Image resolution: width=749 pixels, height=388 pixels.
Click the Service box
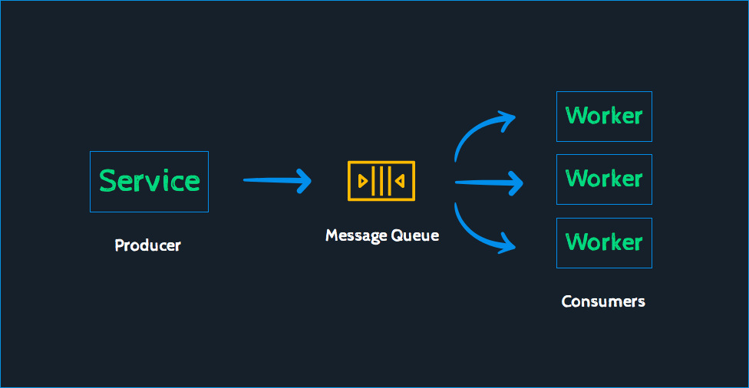coord(149,182)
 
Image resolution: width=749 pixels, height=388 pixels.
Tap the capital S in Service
coord(108,181)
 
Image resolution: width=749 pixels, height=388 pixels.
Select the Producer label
coord(147,246)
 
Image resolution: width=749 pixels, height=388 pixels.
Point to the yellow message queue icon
coord(381,181)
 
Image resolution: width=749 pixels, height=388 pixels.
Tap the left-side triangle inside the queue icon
coord(363,181)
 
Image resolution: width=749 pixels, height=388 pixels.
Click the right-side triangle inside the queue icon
coord(399,181)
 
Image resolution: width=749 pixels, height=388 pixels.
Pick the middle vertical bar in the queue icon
coord(381,181)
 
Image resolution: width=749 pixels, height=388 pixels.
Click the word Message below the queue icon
coord(356,235)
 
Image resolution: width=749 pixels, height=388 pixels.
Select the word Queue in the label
coord(415,235)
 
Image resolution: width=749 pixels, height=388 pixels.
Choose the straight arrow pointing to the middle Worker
coord(487,182)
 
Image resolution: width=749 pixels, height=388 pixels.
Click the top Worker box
coord(604,117)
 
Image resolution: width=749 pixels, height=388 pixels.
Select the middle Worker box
coord(604,179)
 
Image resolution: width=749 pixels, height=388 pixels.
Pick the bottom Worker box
coord(604,243)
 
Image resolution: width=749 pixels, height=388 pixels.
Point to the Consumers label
coord(603,301)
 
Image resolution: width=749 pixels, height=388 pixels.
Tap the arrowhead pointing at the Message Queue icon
coord(304,180)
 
